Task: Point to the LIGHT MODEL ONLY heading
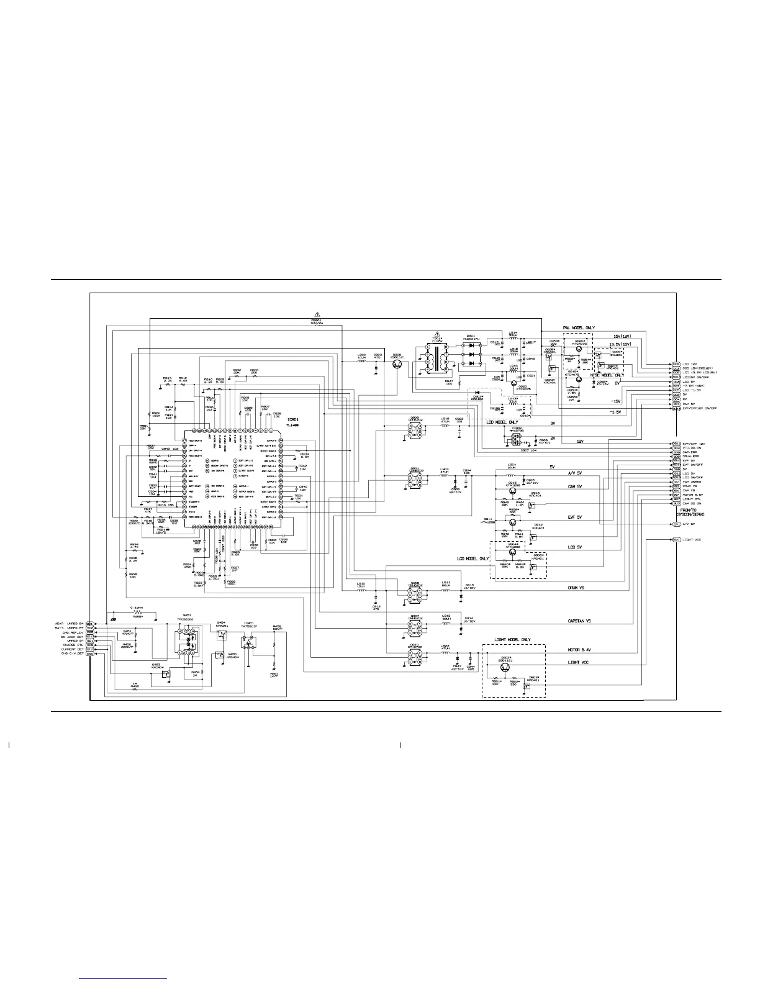512,640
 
